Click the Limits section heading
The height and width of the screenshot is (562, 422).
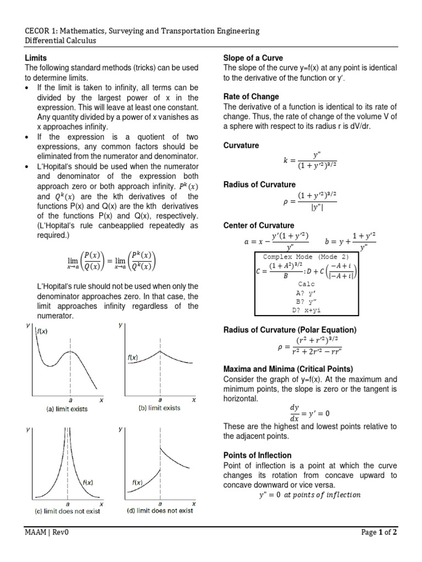coord(36,58)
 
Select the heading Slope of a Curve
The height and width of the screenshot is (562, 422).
coord(253,58)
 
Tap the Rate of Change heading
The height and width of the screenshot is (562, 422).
coord(251,97)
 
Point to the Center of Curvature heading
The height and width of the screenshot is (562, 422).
coord(258,226)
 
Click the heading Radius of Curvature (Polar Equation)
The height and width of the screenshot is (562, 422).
coord(290,329)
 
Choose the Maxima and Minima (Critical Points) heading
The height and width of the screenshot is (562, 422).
coord(288,368)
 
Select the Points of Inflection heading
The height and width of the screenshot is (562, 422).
coord(257,456)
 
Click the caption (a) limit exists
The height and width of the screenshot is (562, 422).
coord(66,409)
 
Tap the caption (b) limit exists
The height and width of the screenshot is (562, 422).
coord(159,408)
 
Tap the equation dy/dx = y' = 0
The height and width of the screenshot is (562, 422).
coord(309,413)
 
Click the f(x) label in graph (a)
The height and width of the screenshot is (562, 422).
coord(42,331)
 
